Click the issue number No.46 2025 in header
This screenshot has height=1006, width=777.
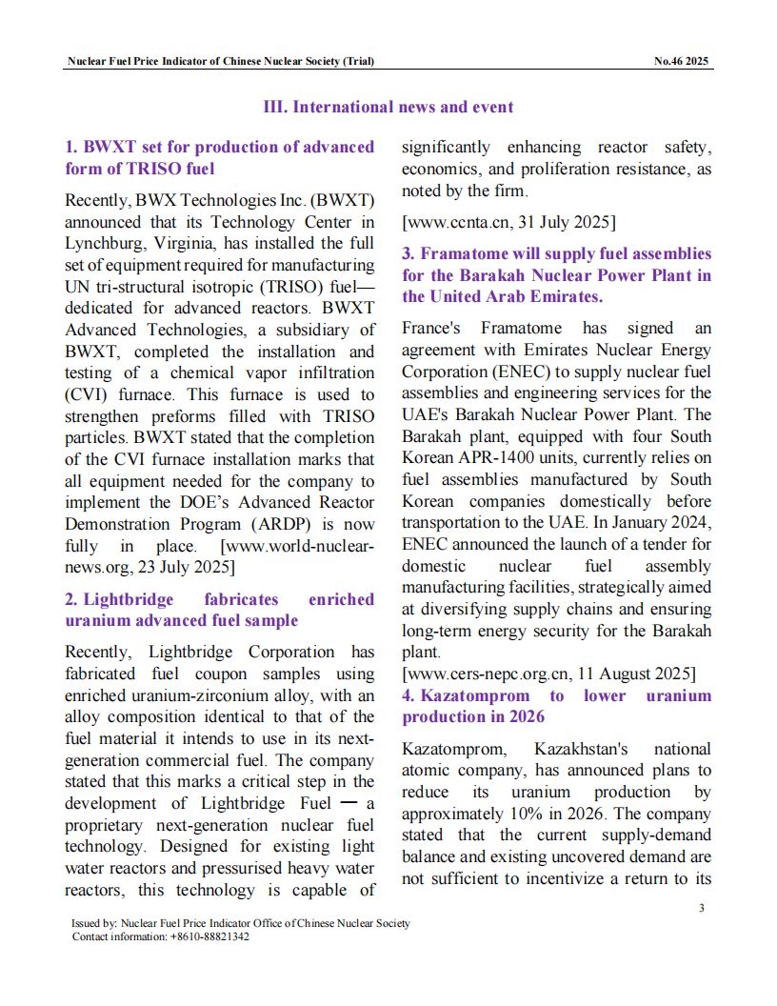click(681, 62)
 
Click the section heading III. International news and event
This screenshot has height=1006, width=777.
click(388, 107)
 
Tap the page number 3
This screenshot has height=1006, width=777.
click(701, 907)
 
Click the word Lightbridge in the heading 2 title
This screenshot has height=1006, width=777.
click(129, 599)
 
